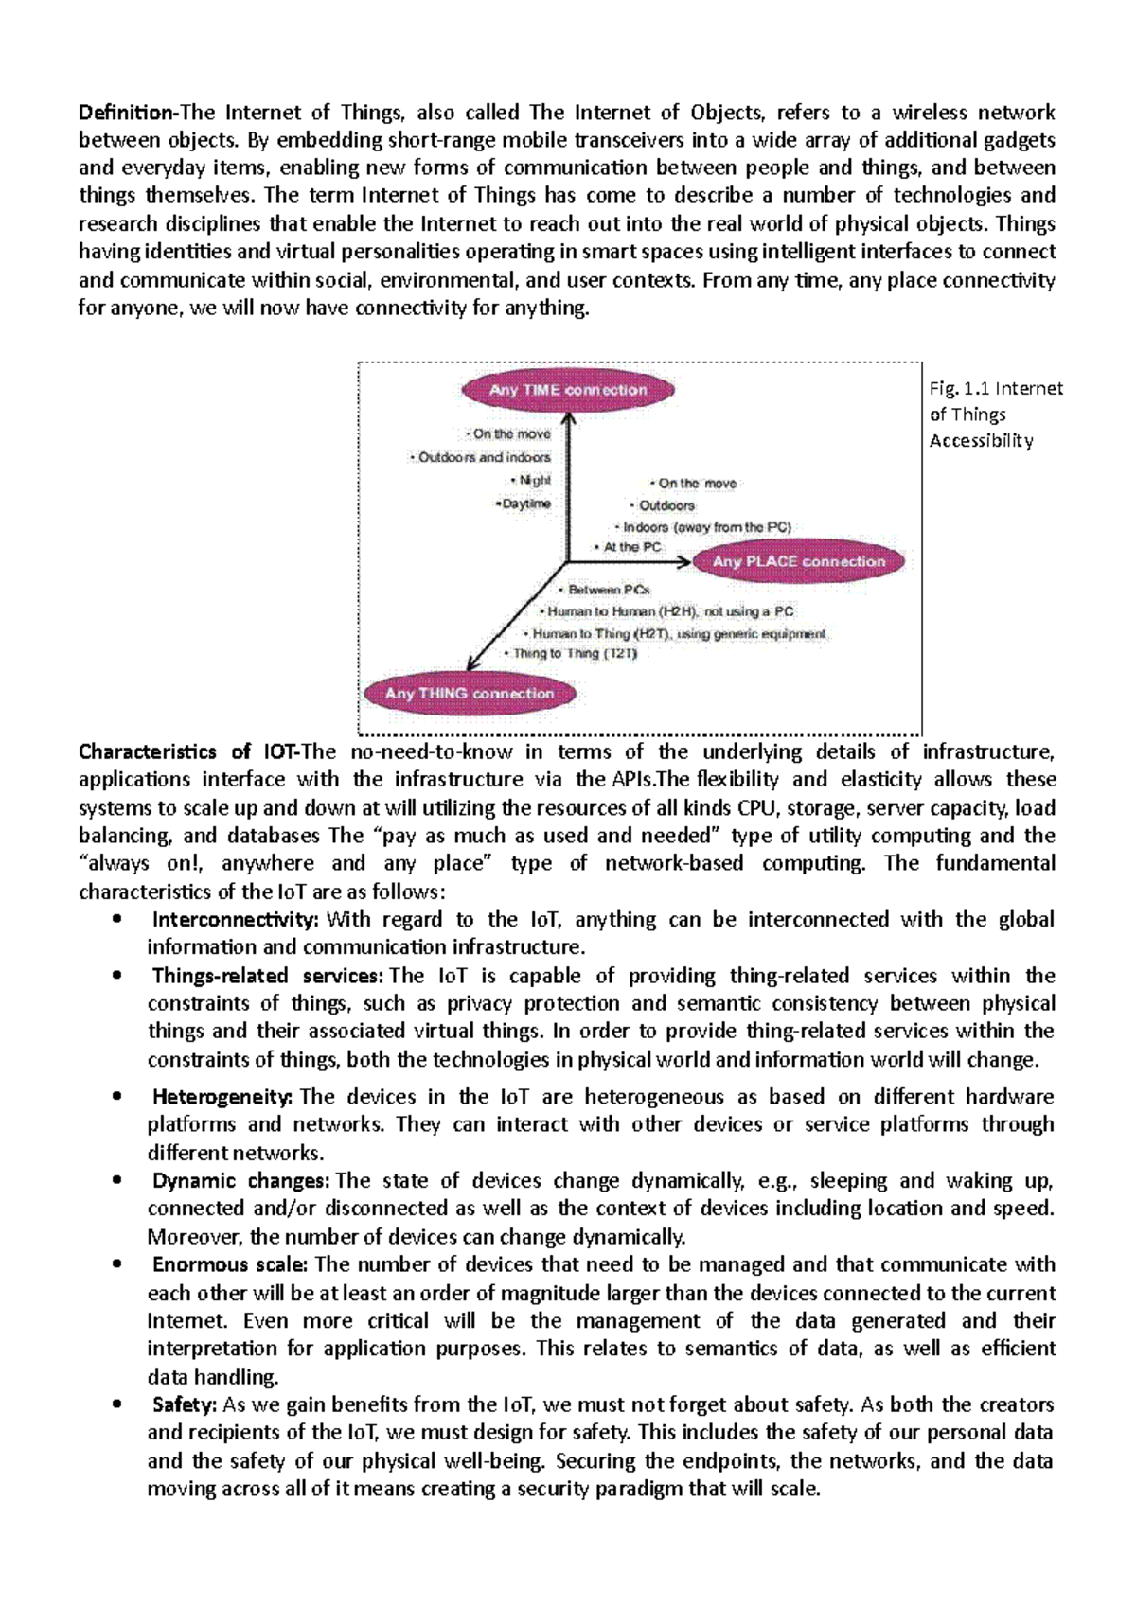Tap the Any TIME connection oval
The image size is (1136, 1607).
coord(568,390)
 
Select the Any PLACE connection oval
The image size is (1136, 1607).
coord(798,561)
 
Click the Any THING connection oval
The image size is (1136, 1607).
coord(470,693)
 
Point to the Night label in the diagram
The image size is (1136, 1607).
coord(533,480)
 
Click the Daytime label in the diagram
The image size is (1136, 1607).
coord(524,503)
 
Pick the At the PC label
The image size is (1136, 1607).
coord(630,547)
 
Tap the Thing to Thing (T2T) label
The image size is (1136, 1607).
coord(572,653)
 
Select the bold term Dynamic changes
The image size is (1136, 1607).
coord(240,1181)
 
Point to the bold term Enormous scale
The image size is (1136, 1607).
coord(230,1264)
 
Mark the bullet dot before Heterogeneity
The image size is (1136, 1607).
coord(116,1097)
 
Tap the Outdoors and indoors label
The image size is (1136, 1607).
coord(482,457)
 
